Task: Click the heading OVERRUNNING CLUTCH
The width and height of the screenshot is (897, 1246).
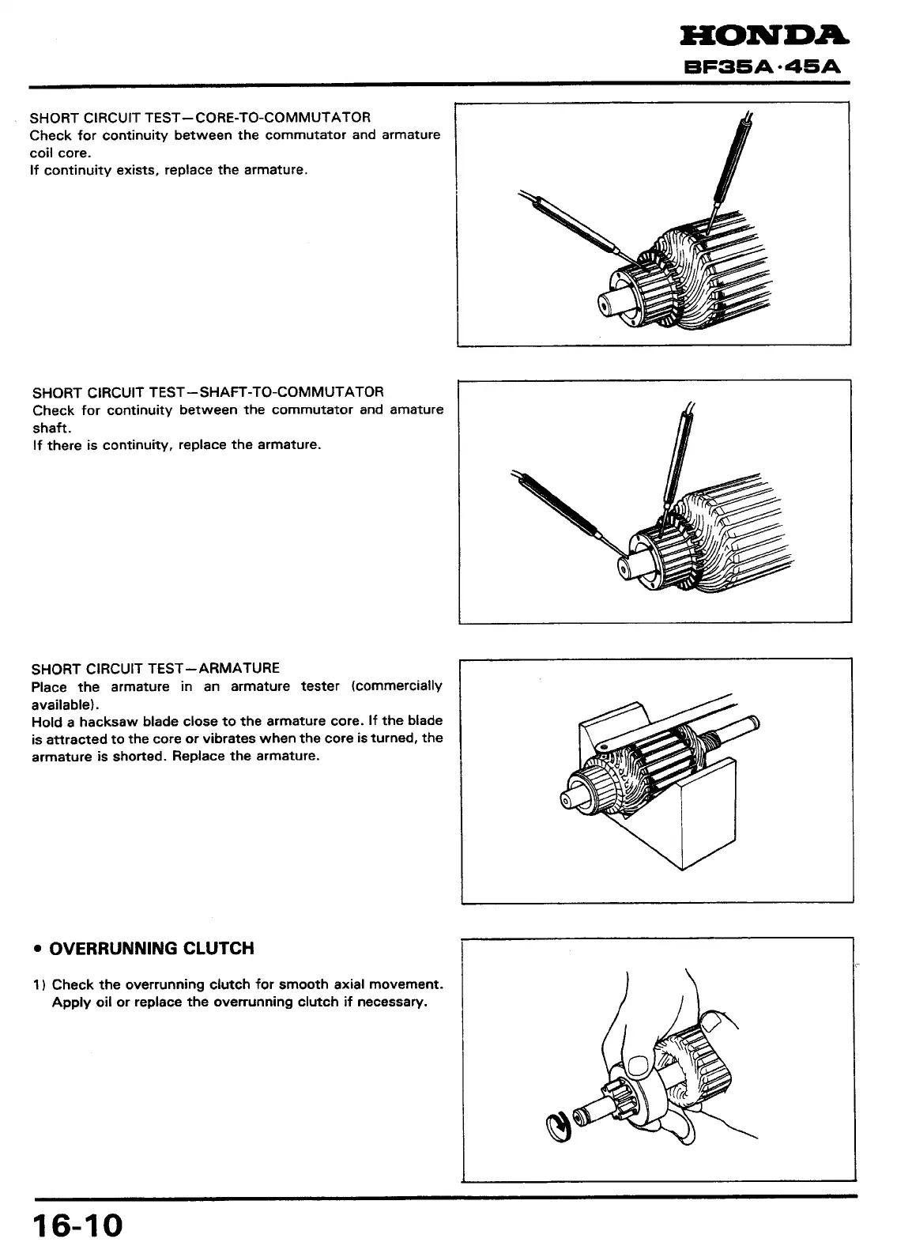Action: coord(151,948)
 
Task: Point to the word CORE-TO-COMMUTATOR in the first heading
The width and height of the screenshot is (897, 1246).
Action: coord(282,118)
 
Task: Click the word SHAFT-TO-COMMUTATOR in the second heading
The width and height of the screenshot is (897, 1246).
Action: coord(292,391)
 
